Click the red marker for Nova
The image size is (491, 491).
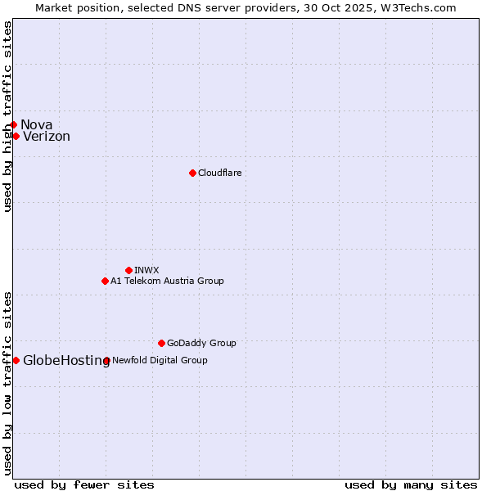13,124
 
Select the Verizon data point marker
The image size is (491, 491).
16,136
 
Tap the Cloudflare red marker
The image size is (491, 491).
192,173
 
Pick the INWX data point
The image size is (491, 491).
128,270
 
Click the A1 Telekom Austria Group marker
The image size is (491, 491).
105,281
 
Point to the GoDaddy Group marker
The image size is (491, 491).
161,343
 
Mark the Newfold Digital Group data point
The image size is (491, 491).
106,360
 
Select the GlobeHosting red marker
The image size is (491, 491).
16,360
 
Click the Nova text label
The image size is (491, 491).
36,124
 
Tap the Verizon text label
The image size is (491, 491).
47,137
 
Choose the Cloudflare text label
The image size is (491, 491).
219,173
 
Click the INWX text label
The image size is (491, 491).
146,270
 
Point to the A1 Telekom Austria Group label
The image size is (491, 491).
167,281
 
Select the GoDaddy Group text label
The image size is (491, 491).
201,343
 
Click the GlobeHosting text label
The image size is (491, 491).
66,361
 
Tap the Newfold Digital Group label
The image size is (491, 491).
160,360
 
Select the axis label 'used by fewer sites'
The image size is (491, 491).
84,484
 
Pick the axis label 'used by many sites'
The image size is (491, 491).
411,484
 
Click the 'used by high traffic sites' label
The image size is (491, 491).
7,116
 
